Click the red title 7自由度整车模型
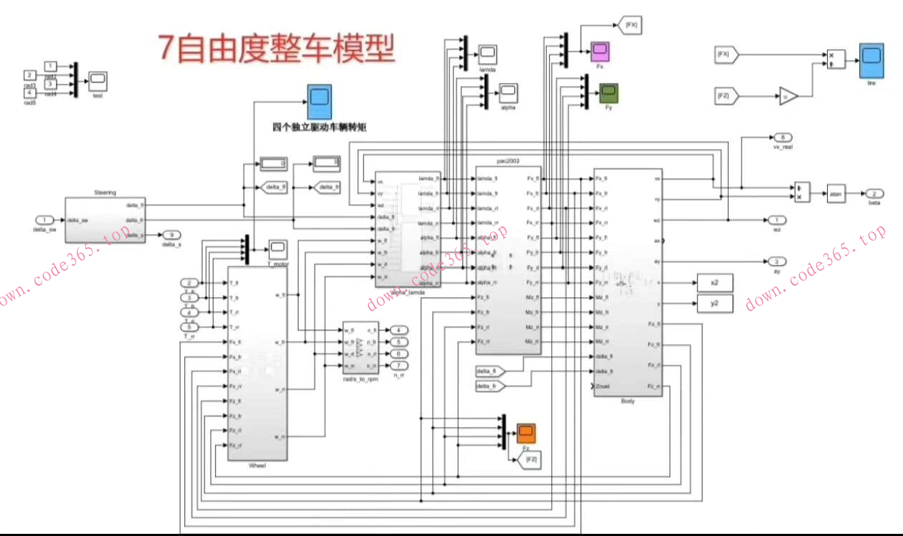click(276, 49)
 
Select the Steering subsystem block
click(105, 219)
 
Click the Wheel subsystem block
click(257, 363)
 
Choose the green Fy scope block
click(608, 92)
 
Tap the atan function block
click(836, 193)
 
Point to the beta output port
click(874, 194)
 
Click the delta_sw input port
click(44, 220)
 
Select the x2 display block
click(714, 283)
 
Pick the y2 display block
click(714, 304)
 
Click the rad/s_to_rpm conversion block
click(360, 348)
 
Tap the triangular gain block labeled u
click(788, 95)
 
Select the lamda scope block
click(487, 54)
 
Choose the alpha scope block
click(508, 92)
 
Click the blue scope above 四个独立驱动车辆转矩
click(320, 102)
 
